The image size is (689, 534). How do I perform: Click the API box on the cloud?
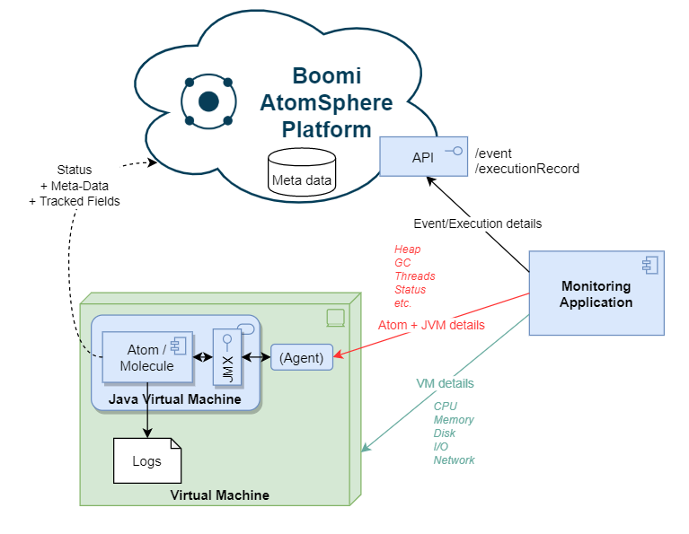click(423, 157)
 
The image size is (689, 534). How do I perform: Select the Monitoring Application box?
click(596, 293)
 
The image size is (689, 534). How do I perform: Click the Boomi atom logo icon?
click(208, 101)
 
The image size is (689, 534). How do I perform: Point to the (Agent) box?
click(301, 356)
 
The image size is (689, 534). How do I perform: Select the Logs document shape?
click(146, 461)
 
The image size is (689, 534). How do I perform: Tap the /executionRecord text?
click(526, 168)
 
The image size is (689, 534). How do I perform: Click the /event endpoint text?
click(493, 153)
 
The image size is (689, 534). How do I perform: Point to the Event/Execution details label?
click(477, 223)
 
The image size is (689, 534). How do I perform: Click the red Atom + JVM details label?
click(431, 325)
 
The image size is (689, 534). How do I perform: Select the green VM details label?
click(445, 383)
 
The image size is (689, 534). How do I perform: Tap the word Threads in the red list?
click(414, 276)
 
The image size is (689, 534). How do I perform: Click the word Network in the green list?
click(454, 460)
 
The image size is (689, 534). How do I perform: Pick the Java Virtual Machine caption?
click(175, 398)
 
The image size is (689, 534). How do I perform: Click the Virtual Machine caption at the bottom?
click(219, 495)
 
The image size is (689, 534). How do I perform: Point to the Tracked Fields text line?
click(74, 201)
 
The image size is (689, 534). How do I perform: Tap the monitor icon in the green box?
click(334, 316)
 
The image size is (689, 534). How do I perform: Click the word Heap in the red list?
click(407, 249)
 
